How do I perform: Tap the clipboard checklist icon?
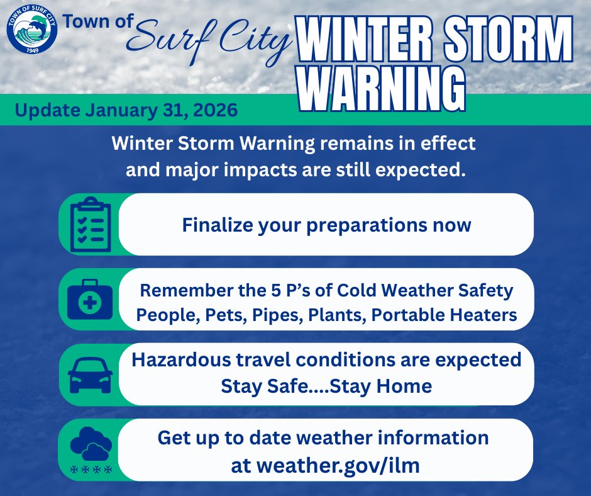pyautogui.click(x=90, y=224)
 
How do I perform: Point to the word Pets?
pyautogui.click(x=216, y=315)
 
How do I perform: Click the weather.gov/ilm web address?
pyautogui.click(x=338, y=466)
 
